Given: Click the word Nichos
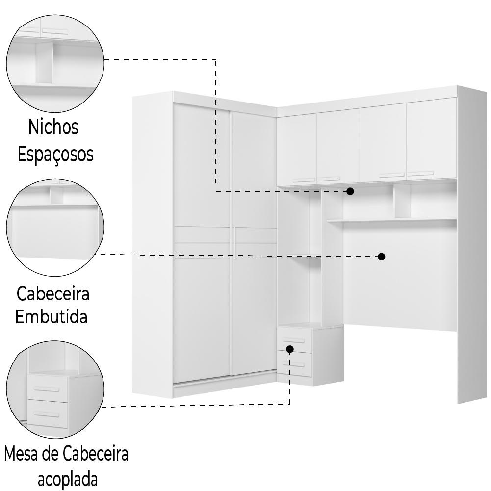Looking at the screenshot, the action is click(x=53, y=127).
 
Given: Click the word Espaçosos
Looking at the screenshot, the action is click(x=55, y=154).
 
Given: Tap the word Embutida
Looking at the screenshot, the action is click(x=51, y=316).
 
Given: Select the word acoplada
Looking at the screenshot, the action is click(x=68, y=479).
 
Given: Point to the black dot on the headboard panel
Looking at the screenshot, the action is click(x=381, y=257).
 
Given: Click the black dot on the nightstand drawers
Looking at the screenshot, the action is click(x=290, y=349).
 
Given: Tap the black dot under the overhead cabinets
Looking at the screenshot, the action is click(x=350, y=191).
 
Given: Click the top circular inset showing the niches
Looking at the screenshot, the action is click(x=55, y=64).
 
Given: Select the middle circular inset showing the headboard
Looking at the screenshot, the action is click(x=55, y=228).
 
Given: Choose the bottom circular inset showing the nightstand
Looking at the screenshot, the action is click(x=55, y=389).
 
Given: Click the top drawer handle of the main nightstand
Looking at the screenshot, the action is click(x=294, y=340).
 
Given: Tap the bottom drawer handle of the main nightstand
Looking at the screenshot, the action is click(x=294, y=364).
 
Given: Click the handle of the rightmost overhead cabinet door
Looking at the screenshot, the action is click(x=420, y=173).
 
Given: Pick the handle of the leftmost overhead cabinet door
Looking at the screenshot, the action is click(x=304, y=180).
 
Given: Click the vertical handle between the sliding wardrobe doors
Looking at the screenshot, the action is click(x=234, y=241).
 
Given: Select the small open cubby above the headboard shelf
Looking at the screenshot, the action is click(x=402, y=201).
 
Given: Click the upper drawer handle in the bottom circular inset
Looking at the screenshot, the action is click(x=46, y=389).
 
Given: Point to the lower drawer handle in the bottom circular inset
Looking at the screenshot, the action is click(x=46, y=415).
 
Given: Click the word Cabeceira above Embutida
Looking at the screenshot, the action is click(x=53, y=294).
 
